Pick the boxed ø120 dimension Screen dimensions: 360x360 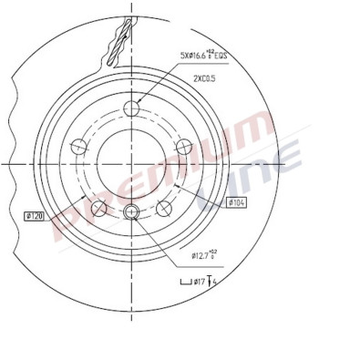pos(35,216)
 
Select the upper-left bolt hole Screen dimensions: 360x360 pos(79,144)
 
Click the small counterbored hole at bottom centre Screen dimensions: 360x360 pos(131,213)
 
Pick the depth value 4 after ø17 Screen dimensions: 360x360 pos(219,282)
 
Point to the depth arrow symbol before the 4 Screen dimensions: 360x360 pos(211,282)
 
